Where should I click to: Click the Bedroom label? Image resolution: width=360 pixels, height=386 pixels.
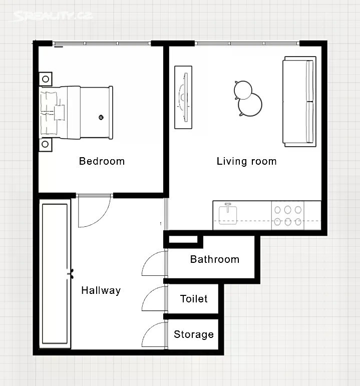[x=102, y=161]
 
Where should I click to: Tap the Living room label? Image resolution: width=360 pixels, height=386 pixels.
[x=246, y=161]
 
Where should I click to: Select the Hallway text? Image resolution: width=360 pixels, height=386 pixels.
[x=101, y=290]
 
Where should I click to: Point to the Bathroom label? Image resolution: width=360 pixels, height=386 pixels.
[x=215, y=259]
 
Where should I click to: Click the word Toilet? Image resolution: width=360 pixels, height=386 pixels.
[x=194, y=299]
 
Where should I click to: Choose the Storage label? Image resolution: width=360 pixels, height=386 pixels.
[x=194, y=334]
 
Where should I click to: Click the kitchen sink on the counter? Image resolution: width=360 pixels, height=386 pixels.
[x=228, y=215]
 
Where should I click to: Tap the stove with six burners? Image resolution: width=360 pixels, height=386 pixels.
[x=288, y=215]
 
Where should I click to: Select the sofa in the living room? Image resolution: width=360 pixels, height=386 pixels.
[x=299, y=102]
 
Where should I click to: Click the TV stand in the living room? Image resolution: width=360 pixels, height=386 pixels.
[x=183, y=97]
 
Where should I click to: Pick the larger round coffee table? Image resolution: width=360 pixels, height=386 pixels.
[x=250, y=104]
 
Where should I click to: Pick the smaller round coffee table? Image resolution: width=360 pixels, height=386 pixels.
[x=243, y=90]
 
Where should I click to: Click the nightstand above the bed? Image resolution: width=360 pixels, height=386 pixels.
[x=46, y=79]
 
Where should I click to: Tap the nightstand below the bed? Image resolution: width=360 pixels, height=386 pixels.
[x=45, y=145]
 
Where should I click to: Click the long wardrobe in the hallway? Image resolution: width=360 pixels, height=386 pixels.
[x=55, y=274]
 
